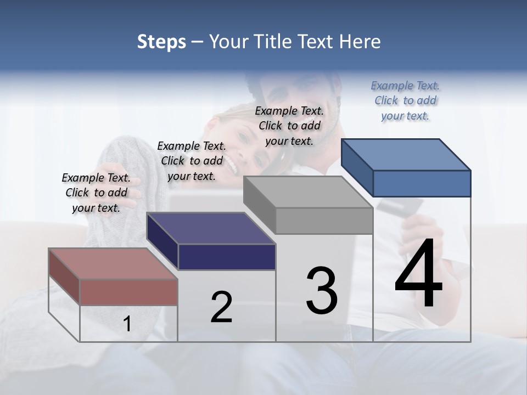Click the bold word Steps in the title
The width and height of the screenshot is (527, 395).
(161, 42)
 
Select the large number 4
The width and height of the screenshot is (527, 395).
(418, 274)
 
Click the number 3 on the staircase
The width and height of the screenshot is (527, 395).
(321, 291)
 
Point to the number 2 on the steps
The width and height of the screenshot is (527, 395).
(221, 307)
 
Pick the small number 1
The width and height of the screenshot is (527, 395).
(127, 324)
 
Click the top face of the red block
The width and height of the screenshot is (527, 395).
(107, 263)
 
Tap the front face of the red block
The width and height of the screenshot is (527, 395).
(128, 292)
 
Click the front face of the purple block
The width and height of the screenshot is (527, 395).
(227, 257)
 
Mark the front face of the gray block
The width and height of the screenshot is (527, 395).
(324, 221)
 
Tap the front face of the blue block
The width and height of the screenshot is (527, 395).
(422, 183)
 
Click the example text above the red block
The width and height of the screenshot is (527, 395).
(96, 193)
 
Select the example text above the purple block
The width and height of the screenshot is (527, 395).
(191, 161)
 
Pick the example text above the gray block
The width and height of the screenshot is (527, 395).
(289, 126)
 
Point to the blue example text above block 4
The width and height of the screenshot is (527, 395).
(405, 100)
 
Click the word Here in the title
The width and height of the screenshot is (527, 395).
(360, 42)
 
